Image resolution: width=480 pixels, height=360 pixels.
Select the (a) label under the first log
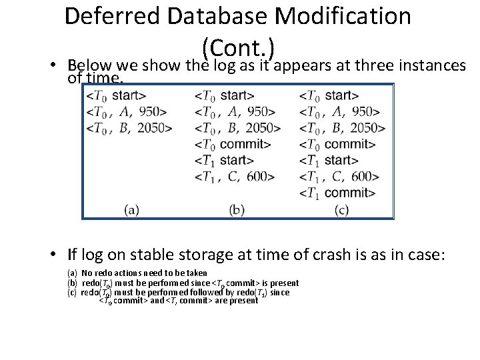pos(131,210)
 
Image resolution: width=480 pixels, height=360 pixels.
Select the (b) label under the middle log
pos(237,210)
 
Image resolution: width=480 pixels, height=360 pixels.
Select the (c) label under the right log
pos(342,210)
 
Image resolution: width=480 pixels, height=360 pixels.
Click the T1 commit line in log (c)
pos(337,193)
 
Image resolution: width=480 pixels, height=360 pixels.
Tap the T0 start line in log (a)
pos(116,95)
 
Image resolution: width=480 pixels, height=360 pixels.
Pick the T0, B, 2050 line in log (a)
pos(129,127)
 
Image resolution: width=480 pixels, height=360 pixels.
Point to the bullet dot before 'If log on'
pos(59,254)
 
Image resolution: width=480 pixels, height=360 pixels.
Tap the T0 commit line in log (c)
pos(337,144)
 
